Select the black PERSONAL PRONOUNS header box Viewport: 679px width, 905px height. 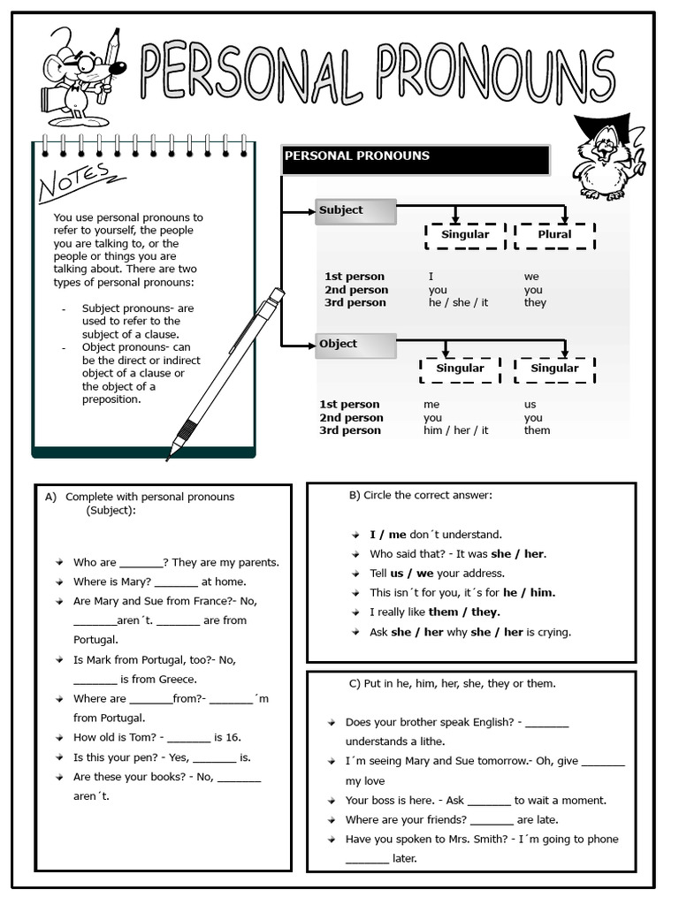[x=415, y=160]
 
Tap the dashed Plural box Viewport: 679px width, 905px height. [x=554, y=235]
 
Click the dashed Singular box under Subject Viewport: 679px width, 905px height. [x=464, y=235]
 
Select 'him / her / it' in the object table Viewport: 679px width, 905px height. [x=455, y=430]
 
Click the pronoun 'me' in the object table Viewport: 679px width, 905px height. [x=431, y=405]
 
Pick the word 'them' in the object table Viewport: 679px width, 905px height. [x=537, y=430]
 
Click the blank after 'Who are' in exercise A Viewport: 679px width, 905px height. [x=141, y=563]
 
